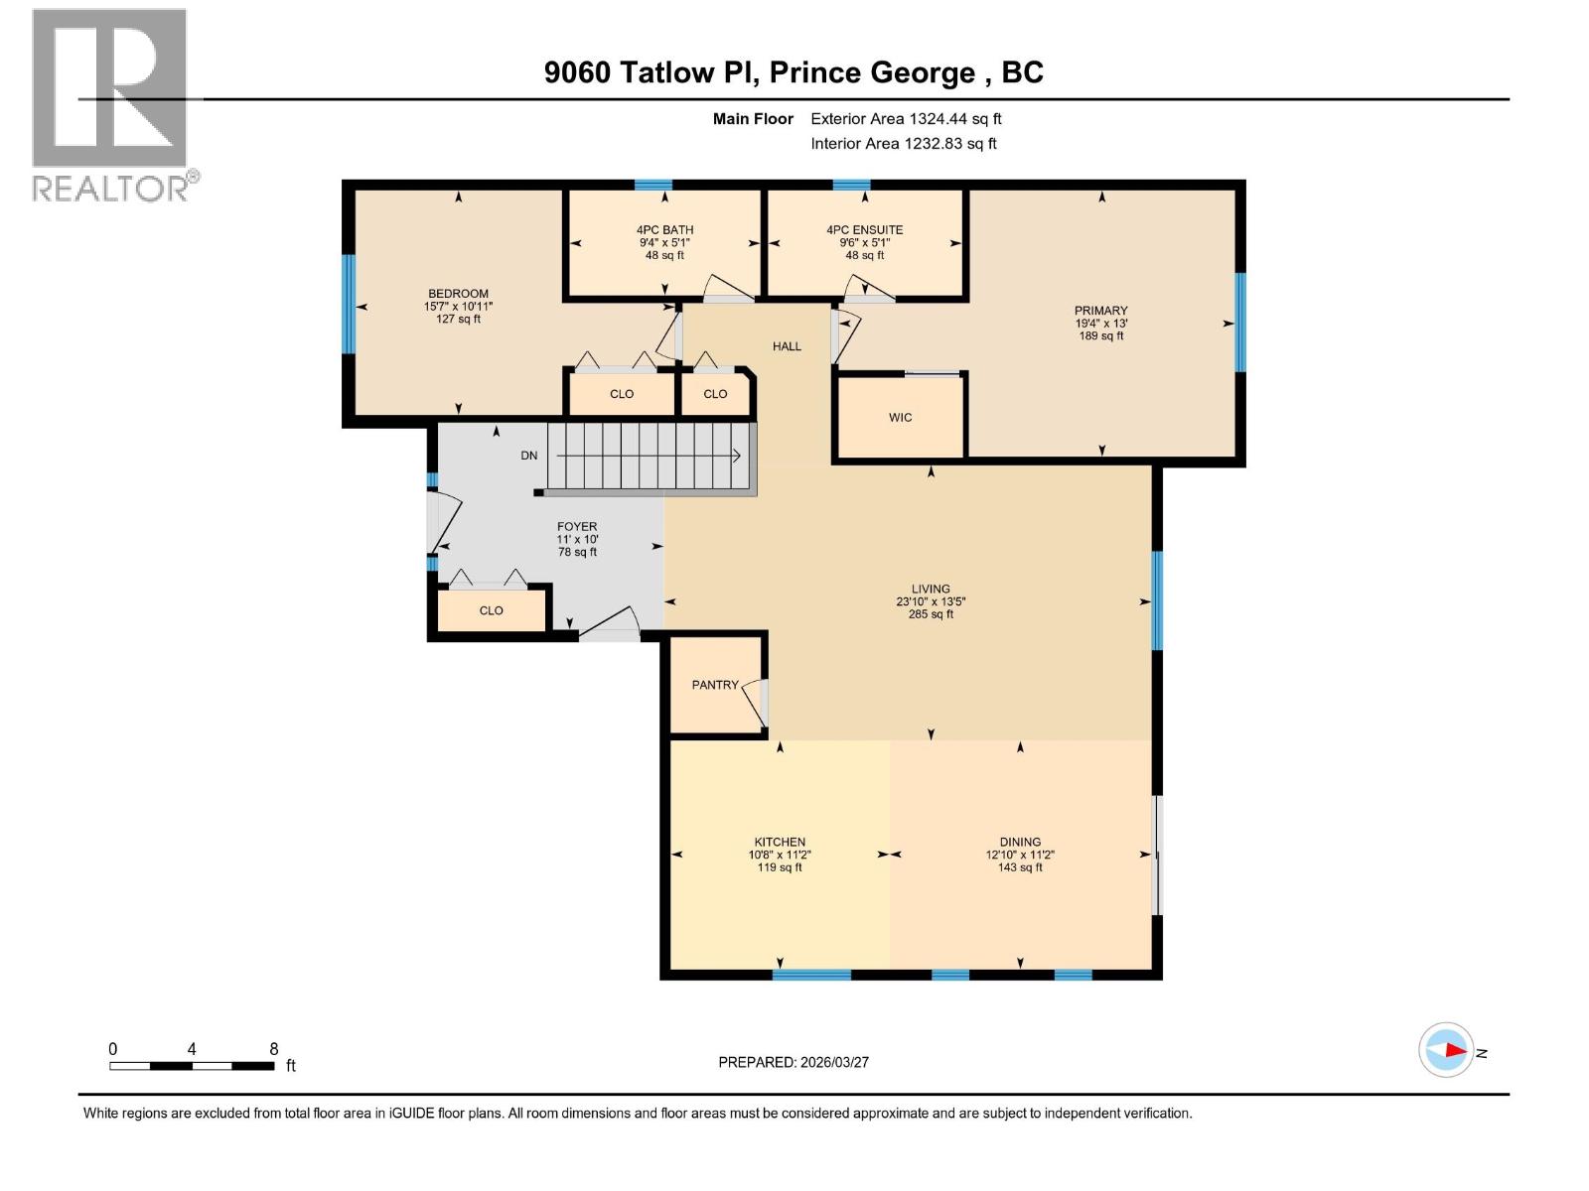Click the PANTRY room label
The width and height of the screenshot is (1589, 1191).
[715, 685]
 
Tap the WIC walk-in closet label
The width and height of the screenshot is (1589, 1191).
[900, 418]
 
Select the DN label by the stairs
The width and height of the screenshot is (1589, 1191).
[529, 456]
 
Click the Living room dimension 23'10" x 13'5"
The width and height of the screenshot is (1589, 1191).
[931, 601]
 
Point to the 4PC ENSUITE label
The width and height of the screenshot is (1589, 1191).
[864, 230]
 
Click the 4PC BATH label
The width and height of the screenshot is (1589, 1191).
[664, 230]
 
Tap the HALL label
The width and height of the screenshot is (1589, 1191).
[787, 346]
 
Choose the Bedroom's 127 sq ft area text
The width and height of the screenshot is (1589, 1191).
[458, 320]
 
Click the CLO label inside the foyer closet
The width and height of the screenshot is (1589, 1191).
[491, 610]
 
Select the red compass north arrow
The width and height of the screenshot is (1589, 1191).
[1454, 1049]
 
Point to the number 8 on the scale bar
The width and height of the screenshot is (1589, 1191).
[274, 1049]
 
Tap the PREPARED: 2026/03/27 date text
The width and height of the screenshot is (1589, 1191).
[794, 1062]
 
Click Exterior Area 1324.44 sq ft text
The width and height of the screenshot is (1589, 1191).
[906, 119]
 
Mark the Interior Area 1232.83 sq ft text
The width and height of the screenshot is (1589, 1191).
[903, 144]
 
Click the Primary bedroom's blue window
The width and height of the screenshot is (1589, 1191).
[1239, 323]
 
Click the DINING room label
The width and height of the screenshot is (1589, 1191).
[1020, 842]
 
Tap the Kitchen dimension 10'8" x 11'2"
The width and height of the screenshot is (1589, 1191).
[780, 855]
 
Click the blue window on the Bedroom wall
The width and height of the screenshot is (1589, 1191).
[349, 304]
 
